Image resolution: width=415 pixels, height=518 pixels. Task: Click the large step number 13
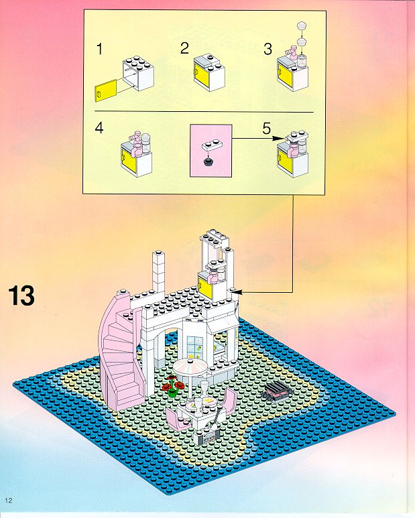point(21,296)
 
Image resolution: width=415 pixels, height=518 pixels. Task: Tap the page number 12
point(9,501)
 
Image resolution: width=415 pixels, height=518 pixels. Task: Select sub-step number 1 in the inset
point(99,49)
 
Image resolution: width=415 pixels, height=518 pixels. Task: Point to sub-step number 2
point(184,48)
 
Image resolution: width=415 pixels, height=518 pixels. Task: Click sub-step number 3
point(268,49)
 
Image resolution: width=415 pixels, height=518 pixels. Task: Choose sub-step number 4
point(99,127)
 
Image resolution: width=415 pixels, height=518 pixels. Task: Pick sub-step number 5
point(267,128)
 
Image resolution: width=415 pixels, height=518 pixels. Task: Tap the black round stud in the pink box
point(208,161)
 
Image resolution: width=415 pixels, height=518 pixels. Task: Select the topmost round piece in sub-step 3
point(302,25)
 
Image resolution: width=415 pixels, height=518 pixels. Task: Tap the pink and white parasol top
point(190,367)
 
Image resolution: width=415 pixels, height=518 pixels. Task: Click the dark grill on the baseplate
point(277,391)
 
